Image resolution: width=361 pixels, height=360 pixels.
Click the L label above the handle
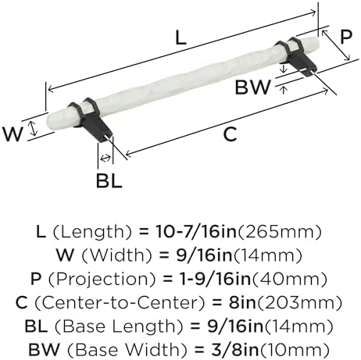(x=181, y=37)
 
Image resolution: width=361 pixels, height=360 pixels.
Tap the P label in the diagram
(x=346, y=37)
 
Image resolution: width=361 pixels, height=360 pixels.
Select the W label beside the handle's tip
(x=13, y=134)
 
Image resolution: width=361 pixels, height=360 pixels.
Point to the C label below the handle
(x=231, y=134)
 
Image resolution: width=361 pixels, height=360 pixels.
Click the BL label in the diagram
(x=109, y=180)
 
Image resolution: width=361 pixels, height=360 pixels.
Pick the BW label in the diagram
(x=253, y=87)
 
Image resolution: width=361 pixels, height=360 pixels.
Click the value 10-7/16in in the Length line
(x=196, y=231)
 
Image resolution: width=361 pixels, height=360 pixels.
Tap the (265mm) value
(x=279, y=232)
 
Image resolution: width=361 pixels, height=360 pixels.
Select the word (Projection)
(x=102, y=279)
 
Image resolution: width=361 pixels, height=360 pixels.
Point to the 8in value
(x=242, y=302)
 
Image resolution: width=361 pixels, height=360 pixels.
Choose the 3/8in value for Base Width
(x=235, y=350)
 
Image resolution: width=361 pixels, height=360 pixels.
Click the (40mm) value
(x=289, y=279)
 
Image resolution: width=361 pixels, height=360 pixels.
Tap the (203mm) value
(x=299, y=303)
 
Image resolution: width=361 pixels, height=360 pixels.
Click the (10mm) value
(x=295, y=350)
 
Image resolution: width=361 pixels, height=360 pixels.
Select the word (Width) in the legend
(x=116, y=255)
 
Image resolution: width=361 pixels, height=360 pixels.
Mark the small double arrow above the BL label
(x=105, y=158)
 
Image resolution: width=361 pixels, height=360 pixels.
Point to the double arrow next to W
(x=33, y=129)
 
